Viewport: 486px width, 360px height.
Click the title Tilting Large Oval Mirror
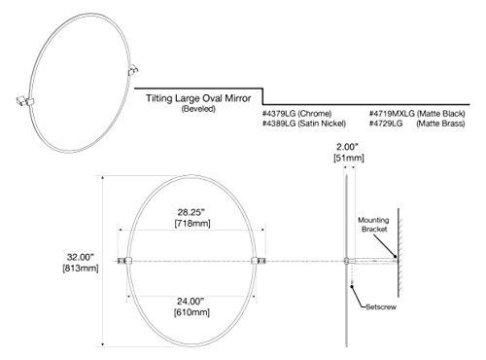click(198, 98)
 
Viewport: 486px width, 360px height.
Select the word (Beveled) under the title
click(198, 109)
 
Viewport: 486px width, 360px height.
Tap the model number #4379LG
click(279, 114)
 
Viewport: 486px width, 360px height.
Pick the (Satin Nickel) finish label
click(322, 124)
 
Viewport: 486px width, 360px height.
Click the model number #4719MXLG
click(392, 114)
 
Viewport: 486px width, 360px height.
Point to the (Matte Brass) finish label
click(440, 124)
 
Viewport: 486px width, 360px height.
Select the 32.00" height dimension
click(81, 257)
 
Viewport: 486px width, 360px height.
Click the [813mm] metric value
click(81, 269)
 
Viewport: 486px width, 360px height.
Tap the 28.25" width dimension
click(191, 212)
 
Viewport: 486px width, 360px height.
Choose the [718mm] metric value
click(192, 224)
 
